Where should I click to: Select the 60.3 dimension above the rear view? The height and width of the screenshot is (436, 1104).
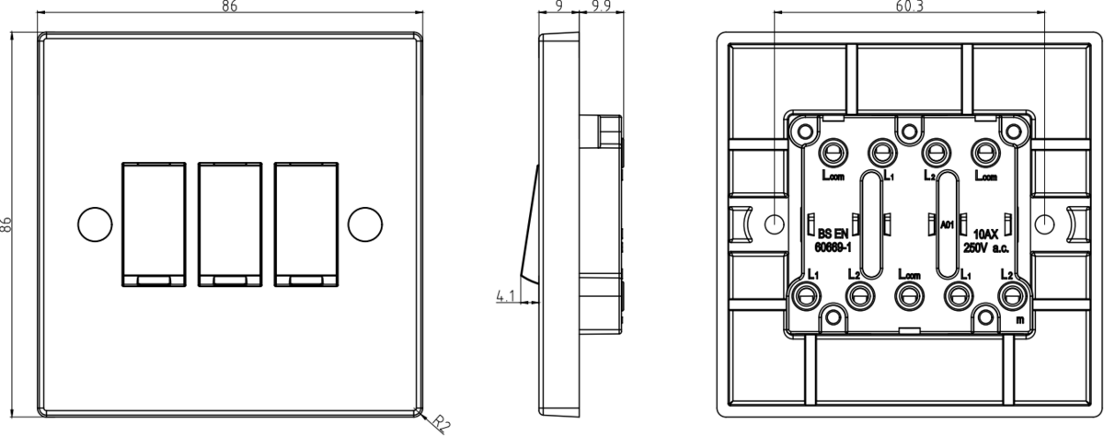point(909,7)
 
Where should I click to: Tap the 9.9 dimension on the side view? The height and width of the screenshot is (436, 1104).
point(604,7)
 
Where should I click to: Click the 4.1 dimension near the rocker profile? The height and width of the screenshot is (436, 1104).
point(505,296)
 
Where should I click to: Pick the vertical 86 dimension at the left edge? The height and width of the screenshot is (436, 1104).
point(7,224)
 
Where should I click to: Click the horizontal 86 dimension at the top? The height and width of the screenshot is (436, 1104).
point(230,7)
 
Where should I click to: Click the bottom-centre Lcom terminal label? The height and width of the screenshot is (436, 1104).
point(909,274)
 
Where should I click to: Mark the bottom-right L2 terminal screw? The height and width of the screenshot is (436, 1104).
point(1013,294)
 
